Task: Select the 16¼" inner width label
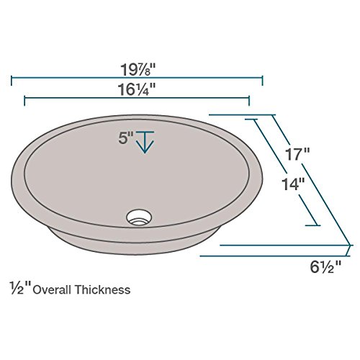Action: (137, 89)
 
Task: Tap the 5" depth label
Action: (126, 138)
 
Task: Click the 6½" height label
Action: (325, 267)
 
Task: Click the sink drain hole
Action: (139, 217)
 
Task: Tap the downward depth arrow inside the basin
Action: (145, 142)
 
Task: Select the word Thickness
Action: (102, 289)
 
